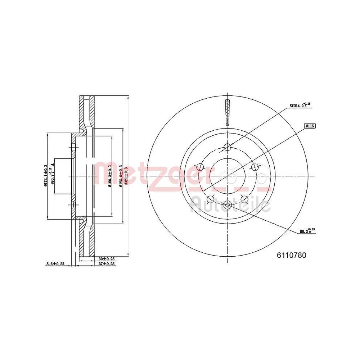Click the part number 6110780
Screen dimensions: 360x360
coord(291,255)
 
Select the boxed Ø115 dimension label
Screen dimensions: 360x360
coord(310,126)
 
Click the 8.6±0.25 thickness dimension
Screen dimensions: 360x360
coord(55,264)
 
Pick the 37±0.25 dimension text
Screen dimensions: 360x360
coord(106,264)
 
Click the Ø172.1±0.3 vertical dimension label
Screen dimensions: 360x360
coord(45,176)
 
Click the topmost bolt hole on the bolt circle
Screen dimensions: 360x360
coord(227,147)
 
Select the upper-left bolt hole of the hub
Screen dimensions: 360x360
coord(200,167)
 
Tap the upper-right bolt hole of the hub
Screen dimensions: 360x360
coord(255,167)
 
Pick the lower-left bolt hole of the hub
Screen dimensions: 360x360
coord(210,199)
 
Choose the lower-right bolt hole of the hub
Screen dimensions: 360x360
coord(244,199)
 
